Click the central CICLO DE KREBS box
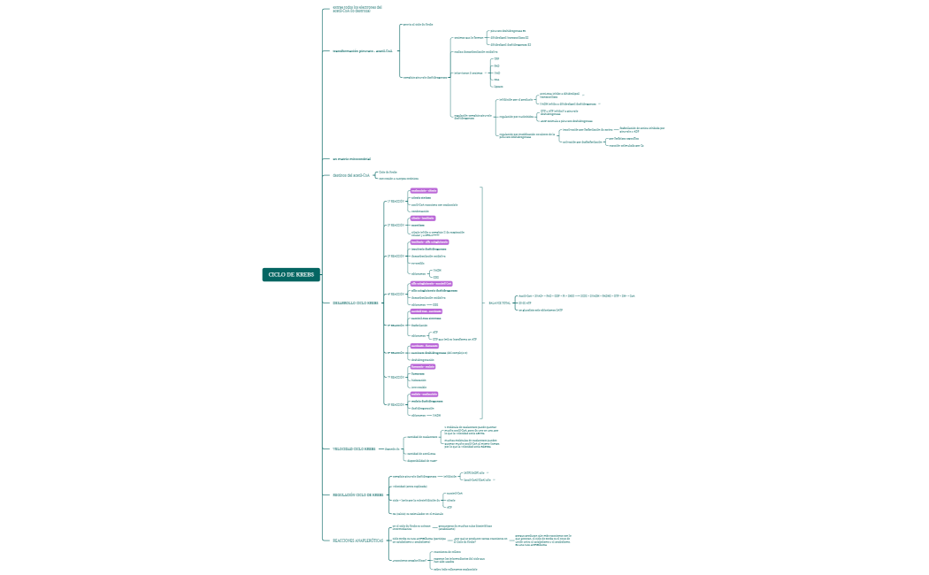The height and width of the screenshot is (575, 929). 291,274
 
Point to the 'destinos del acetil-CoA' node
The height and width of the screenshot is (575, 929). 350,175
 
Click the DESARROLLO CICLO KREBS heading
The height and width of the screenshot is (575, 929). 355,303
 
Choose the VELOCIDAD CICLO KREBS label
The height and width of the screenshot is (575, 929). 354,448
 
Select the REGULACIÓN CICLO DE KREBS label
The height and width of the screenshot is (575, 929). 357,495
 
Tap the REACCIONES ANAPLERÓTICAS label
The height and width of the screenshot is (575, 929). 358,540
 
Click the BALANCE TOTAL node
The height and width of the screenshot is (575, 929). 500,303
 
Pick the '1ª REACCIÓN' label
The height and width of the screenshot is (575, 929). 395,201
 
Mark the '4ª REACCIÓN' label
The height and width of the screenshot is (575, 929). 395,294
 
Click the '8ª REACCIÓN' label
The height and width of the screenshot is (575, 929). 395,403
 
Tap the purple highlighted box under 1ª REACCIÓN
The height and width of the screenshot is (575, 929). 424,190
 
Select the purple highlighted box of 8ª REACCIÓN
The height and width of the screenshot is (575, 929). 424,394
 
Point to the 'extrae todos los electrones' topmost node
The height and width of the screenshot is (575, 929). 357,9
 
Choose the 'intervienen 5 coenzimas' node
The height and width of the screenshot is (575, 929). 468,73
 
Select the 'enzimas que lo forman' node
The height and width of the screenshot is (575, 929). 467,38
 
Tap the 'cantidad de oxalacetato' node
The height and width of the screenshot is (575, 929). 421,437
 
